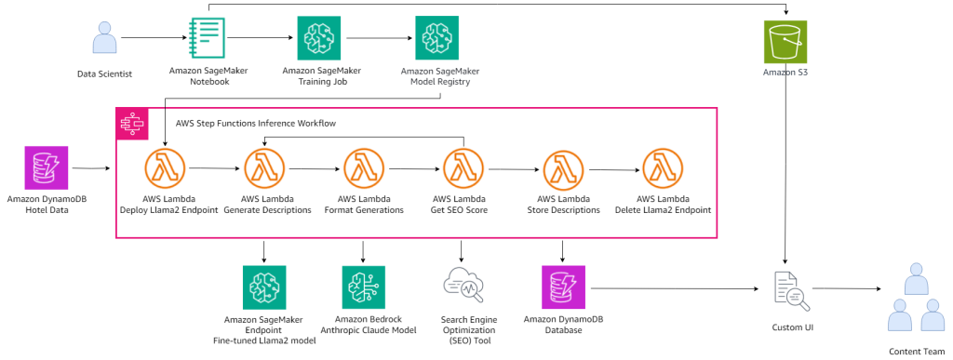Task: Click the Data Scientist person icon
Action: click(x=104, y=39)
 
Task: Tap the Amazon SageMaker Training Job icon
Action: click(x=319, y=39)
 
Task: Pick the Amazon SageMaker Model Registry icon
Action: click(x=436, y=39)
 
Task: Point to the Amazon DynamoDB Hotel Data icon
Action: click(x=43, y=169)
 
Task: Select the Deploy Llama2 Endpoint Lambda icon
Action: click(x=165, y=170)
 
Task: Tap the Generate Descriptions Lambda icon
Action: click(x=264, y=170)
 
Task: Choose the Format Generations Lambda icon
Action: click(x=364, y=170)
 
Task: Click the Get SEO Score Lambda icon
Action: click(x=463, y=170)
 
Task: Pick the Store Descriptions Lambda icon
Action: click(x=563, y=170)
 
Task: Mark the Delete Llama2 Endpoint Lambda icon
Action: click(x=663, y=170)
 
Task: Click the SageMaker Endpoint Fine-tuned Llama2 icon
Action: click(x=264, y=287)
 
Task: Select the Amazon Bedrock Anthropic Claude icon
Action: click(x=364, y=287)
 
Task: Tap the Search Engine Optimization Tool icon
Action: click(x=463, y=287)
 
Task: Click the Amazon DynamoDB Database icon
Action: click(x=563, y=287)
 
